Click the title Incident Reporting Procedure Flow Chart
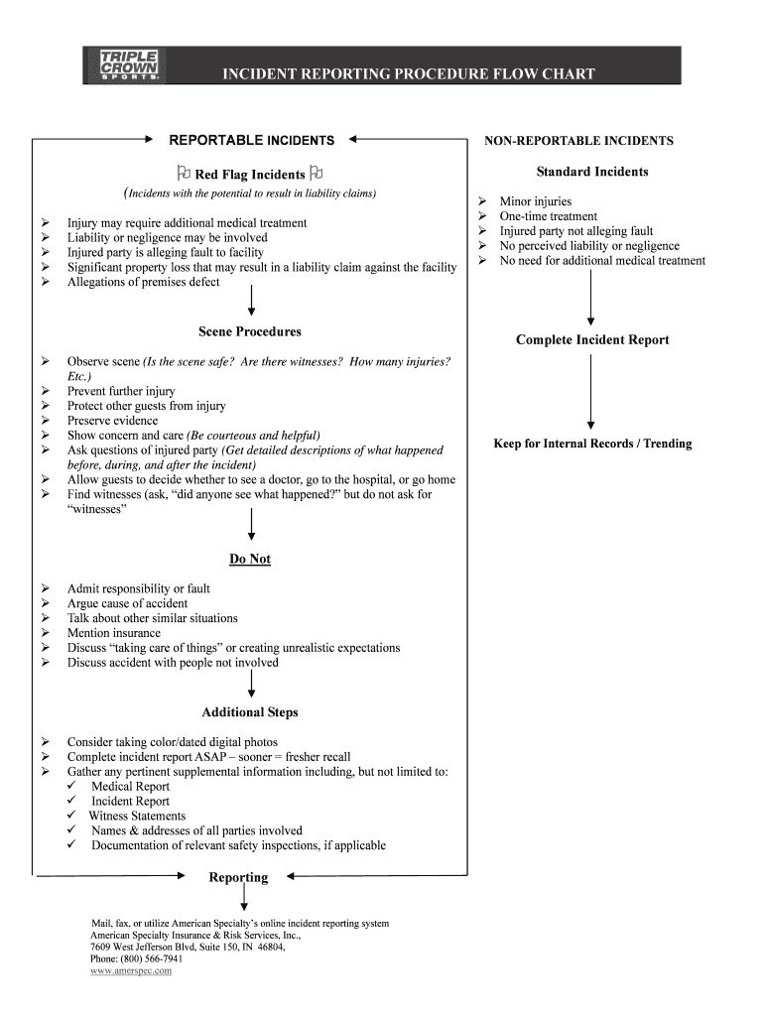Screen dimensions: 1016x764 click(x=408, y=73)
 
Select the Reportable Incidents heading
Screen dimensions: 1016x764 click(x=252, y=141)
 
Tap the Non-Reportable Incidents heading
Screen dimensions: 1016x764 click(x=578, y=141)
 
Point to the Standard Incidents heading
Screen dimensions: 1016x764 click(x=592, y=172)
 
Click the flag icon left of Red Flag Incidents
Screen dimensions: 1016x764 click(x=185, y=174)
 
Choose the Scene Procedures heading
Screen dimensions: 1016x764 click(x=250, y=331)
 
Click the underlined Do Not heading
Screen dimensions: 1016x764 click(x=250, y=559)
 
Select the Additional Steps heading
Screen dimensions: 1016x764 click(x=250, y=712)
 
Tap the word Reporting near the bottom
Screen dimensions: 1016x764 click(x=238, y=877)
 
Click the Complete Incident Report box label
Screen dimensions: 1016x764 click(x=592, y=340)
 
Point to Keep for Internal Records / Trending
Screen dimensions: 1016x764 click(x=592, y=444)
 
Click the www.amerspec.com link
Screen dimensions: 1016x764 click(x=131, y=971)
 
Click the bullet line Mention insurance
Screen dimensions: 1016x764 click(x=113, y=633)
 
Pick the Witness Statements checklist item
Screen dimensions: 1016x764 click(x=137, y=816)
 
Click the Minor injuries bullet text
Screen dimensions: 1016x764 click(x=536, y=201)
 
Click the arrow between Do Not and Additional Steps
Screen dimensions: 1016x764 click(x=251, y=683)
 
